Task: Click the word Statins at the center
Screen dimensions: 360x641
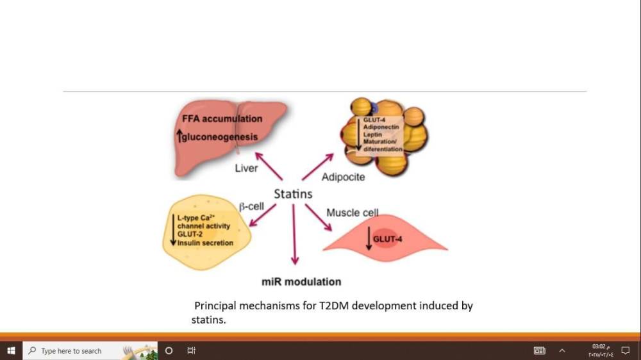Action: click(293, 193)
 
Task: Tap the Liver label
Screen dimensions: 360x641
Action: click(246, 168)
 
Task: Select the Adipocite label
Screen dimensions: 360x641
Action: click(344, 176)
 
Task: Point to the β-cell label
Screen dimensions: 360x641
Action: click(252, 207)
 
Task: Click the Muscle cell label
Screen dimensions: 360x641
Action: click(353, 213)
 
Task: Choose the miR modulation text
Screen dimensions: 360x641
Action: click(301, 282)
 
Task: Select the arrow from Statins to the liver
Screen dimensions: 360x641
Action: click(269, 166)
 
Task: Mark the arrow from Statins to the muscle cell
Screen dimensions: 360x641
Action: click(317, 217)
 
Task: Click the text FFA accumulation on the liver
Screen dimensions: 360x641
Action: click(222, 119)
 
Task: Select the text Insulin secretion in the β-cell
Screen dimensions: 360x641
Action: click(206, 243)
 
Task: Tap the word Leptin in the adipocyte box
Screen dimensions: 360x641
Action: click(373, 135)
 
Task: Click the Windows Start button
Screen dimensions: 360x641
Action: click(11, 351)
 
